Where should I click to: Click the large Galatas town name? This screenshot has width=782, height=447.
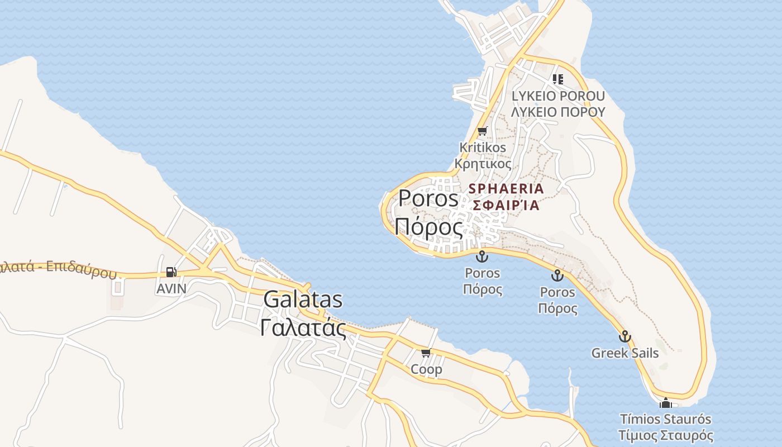point(303,300)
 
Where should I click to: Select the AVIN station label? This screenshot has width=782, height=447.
point(171,288)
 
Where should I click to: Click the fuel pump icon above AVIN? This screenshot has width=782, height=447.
point(171,272)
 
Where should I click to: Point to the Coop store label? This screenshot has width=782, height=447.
point(426,369)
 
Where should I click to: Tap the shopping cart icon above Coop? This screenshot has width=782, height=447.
point(426,353)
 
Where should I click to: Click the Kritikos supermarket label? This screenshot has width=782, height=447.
point(483,148)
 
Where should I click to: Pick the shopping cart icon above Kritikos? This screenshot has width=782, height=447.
point(482,131)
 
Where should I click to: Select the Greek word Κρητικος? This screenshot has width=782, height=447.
point(483,164)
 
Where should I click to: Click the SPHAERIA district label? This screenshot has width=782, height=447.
point(506,188)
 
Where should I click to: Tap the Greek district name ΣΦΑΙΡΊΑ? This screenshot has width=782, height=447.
point(506,205)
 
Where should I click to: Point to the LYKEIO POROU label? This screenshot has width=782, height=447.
point(558,96)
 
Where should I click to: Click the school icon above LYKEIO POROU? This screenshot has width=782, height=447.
point(557,79)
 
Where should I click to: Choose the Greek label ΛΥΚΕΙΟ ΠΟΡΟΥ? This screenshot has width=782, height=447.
point(558,112)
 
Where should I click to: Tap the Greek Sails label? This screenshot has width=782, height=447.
point(625,353)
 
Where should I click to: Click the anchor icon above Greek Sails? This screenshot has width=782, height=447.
point(625,336)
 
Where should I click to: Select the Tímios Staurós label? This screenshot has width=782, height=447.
point(665,419)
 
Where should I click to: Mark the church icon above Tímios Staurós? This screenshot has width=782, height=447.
point(665,403)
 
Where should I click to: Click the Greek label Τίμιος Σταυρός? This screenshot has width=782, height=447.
point(665,435)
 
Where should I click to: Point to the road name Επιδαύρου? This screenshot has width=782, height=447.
point(81,269)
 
